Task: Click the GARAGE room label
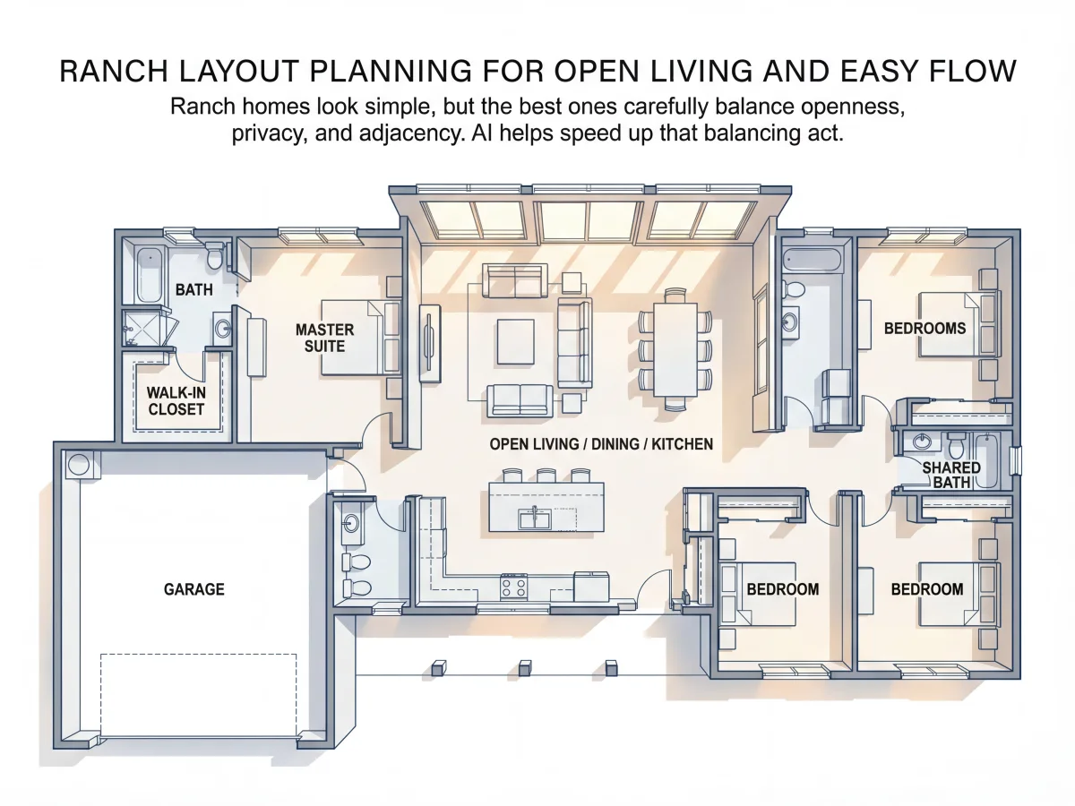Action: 193,589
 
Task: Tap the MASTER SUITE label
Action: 324,338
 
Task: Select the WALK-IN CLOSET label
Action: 176,401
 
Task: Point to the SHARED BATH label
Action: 951,475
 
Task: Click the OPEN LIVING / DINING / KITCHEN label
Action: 601,444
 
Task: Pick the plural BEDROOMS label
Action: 924,328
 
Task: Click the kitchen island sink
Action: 535,519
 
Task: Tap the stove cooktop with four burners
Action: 513,587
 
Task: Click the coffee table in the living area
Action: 515,341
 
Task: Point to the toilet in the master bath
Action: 214,255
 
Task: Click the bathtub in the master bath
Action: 149,275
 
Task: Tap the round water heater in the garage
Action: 78,464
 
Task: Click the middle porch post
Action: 525,667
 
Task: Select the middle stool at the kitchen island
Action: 546,476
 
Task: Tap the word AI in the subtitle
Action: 482,133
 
